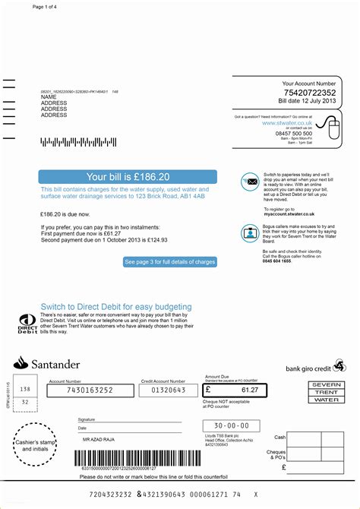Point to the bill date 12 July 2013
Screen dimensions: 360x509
tap(307, 100)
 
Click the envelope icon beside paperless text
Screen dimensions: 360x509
tap(250, 181)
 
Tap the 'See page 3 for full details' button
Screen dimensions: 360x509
tap(169, 262)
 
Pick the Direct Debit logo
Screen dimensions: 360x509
tap(27, 323)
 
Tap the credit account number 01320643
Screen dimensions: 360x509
tap(163, 390)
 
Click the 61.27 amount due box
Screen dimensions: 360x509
tap(235, 390)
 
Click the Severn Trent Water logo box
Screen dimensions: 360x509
tap(327, 392)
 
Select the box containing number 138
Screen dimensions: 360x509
tap(25, 388)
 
